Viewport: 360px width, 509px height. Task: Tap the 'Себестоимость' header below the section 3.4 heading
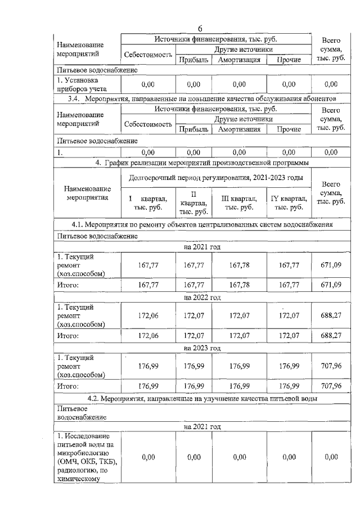pos(147,124)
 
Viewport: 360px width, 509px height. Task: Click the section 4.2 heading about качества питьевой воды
pos(201,398)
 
